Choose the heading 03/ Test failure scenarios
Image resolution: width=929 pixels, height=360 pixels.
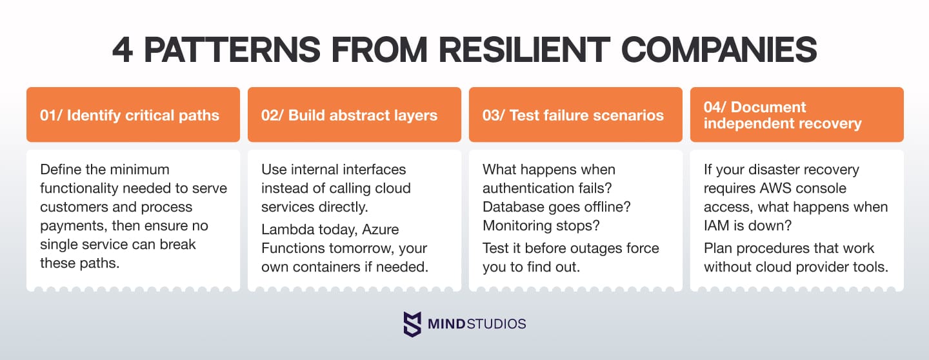[573, 115]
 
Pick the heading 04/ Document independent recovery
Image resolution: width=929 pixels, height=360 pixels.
[783, 115]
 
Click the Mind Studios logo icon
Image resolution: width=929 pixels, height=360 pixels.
[412, 324]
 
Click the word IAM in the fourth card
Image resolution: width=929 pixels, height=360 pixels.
[717, 226]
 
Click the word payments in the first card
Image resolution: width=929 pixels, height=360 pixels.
[70, 226]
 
